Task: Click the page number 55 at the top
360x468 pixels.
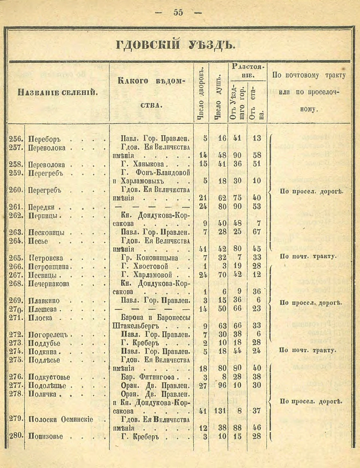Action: [178, 12]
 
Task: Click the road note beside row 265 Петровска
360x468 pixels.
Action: [308, 256]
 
